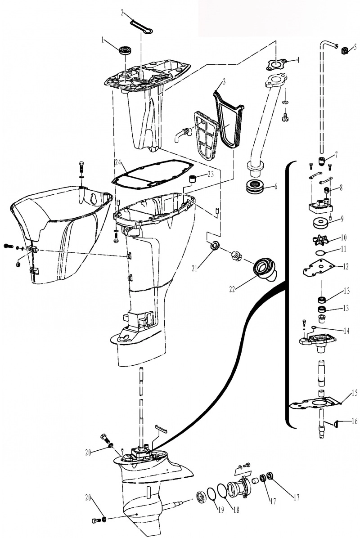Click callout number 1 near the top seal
coord(102,40)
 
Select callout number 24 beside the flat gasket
coord(118,161)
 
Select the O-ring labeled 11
coord(320,253)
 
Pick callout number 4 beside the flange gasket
coord(298,60)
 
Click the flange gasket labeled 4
coord(275,64)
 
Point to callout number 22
coord(232,289)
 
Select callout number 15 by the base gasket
coord(355,393)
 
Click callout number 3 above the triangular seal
coord(224,82)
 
